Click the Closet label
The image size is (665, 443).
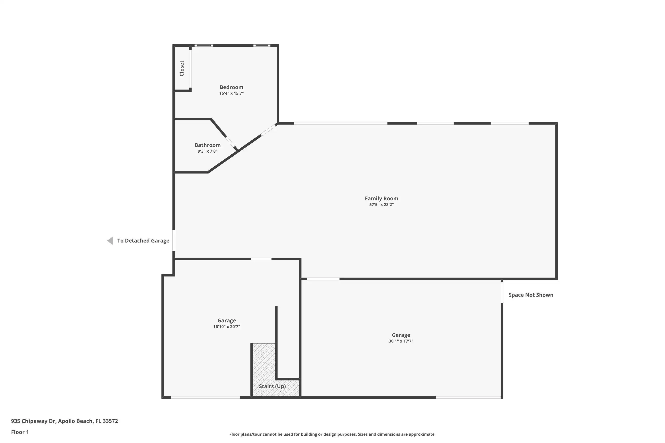(182, 68)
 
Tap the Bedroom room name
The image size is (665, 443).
(231, 87)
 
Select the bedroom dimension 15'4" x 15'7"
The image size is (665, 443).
(231, 93)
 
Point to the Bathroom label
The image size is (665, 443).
(207, 145)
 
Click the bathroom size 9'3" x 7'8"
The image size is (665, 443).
(207, 151)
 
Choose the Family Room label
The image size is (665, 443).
(381, 199)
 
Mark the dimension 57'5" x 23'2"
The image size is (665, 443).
(381, 204)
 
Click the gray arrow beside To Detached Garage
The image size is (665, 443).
(110, 241)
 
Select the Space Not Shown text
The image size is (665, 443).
(531, 295)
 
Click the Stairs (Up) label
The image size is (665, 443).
(272, 386)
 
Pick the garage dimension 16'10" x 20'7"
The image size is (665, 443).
(227, 326)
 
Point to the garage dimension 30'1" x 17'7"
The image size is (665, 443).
(401, 341)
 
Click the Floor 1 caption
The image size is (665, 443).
(20, 432)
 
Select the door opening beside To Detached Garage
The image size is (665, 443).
(174, 240)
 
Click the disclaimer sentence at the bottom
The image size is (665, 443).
(332, 434)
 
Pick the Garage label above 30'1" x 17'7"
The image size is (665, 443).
(401, 335)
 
